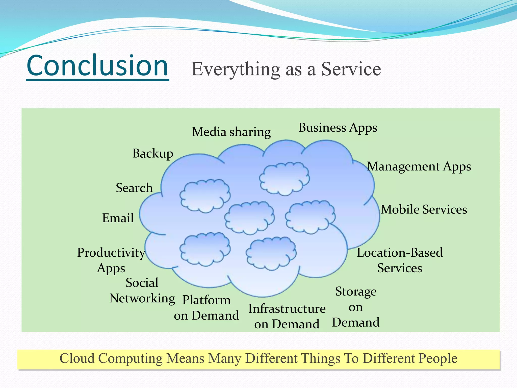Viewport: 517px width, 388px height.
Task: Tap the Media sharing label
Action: click(x=231, y=132)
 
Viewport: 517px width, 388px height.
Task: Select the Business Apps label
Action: click(x=338, y=128)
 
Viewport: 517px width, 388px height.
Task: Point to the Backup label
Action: click(x=153, y=154)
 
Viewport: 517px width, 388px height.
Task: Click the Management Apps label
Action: click(x=419, y=167)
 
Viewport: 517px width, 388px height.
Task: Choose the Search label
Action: click(x=134, y=188)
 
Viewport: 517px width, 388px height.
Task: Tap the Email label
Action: click(x=118, y=218)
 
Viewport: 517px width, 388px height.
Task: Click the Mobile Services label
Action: click(x=424, y=209)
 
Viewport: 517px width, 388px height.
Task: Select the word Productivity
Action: click(x=111, y=252)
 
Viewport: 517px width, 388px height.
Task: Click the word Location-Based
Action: click(x=400, y=253)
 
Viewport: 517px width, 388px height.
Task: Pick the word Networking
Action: click(x=142, y=299)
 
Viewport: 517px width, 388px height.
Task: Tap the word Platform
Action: click(x=206, y=300)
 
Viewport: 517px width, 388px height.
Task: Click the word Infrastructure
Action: click(x=287, y=309)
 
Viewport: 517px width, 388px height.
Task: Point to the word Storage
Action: click(x=356, y=292)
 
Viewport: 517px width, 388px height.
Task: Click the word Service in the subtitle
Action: click(x=351, y=69)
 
